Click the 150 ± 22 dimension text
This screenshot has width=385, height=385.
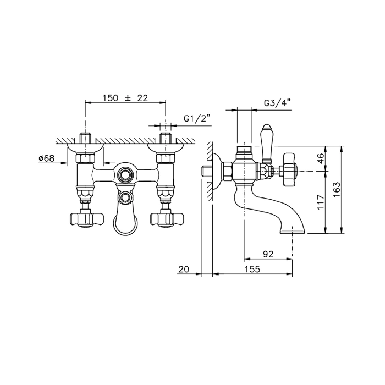(125, 98)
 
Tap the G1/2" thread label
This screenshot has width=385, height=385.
(194, 119)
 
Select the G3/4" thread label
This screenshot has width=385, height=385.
(277, 102)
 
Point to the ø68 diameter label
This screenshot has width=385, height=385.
(47, 158)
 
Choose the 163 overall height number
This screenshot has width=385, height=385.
(337, 189)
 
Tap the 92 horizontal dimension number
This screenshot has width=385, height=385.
(268, 254)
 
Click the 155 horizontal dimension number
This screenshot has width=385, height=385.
(252, 269)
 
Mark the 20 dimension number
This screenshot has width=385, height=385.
(184, 269)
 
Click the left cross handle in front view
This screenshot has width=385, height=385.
(87, 219)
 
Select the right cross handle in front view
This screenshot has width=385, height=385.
(167, 219)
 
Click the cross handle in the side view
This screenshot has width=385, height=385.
(290, 170)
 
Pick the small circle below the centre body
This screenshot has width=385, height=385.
(125, 197)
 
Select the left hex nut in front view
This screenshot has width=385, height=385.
(85, 158)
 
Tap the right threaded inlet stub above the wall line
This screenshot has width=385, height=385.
(166, 137)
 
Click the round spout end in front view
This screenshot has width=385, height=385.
(125, 222)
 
